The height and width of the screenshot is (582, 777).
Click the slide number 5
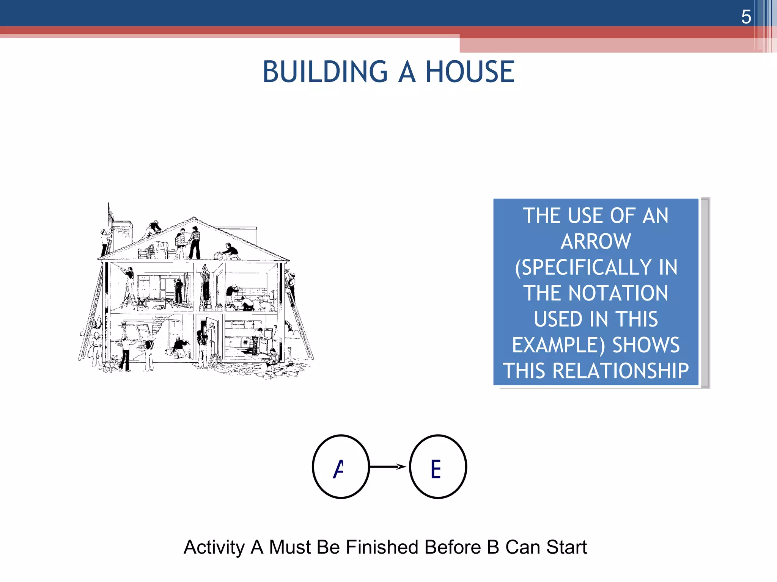click(x=746, y=17)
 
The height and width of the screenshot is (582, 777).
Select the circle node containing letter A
click(x=341, y=467)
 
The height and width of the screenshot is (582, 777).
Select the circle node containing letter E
click(x=438, y=467)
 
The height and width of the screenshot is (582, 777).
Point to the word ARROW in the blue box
click(x=596, y=242)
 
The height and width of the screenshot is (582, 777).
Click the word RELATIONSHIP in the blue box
click(x=621, y=371)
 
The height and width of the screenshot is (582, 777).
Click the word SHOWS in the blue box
click(x=646, y=345)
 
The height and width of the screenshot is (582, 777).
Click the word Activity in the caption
click(x=214, y=548)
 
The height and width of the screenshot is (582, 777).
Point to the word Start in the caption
click(x=566, y=548)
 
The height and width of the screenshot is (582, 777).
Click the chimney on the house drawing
click(x=123, y=233)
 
